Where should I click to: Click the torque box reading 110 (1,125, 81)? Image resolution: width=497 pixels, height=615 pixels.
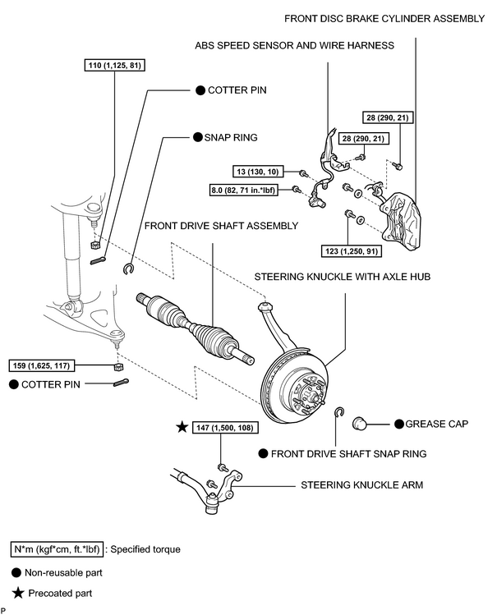(x=114, y=65)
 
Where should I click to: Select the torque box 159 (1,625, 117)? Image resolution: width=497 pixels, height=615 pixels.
(x=41, y=366)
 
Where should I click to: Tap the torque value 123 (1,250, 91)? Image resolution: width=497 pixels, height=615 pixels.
(x=352, y=251)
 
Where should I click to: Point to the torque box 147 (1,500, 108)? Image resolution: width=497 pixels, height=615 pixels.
(x=225, y=428)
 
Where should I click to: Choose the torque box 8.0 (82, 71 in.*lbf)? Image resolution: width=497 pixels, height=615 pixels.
(x=244, y=190)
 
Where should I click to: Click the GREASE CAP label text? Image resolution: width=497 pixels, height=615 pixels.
(x=436, y=424)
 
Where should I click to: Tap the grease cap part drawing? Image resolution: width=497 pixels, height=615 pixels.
(x=359, y=424)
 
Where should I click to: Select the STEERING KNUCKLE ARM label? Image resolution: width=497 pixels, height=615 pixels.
(x=361, y=485)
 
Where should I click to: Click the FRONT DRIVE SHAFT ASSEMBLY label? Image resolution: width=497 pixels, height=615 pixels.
(x=221, y=226)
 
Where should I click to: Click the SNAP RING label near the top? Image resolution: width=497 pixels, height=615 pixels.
(x=231, y=138)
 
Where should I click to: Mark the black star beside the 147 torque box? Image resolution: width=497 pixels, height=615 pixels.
(x=182, y=427)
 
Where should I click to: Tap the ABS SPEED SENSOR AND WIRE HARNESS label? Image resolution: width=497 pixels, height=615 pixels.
(x=294, y=45)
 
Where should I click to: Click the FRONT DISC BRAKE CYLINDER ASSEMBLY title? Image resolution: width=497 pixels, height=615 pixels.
(x=384, y=19)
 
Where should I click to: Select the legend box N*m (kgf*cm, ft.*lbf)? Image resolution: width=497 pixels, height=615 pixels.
(x=57, y=549)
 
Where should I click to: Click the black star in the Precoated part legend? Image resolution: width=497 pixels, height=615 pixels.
(x=18, y=593)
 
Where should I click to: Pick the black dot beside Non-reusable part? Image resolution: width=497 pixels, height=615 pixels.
(x=16, y=572)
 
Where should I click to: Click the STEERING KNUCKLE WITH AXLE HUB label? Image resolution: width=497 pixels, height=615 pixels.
(x=342, y=277)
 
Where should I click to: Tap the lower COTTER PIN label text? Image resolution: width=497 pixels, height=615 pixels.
(x=51, y=385)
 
